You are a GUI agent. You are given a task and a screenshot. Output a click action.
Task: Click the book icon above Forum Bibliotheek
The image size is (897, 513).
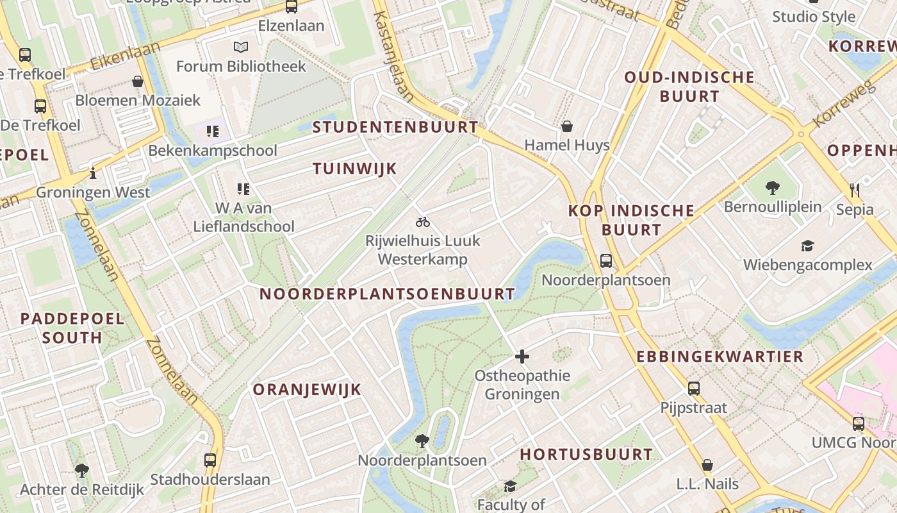tap(241, 47)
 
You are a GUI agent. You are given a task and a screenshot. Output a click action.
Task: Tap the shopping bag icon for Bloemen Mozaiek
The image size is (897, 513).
tap(137, 81)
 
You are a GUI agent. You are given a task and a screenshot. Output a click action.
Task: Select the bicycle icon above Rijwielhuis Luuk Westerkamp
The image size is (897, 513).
tap(423, 223)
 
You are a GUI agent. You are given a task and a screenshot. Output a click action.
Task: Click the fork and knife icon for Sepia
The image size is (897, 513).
tap(854, 190)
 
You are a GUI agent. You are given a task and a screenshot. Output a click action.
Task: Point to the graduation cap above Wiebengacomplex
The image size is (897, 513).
tap(807, 246)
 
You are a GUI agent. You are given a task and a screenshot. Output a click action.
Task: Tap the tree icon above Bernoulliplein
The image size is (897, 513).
tap(772, 188)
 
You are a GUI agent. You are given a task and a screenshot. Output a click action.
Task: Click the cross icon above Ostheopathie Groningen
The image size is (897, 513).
tap(522, 357)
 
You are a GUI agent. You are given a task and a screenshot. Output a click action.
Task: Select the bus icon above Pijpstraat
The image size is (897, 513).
tap(694, 388)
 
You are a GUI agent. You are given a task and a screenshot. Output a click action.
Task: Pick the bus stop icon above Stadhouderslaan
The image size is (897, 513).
tap(210, 460)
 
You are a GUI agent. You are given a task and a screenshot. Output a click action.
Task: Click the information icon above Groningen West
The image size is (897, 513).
tap(93, 173)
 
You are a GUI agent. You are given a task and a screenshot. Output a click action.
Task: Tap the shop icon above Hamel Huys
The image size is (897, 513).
tap(566, 126)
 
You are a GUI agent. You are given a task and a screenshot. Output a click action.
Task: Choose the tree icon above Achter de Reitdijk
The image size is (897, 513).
tap(81, 471)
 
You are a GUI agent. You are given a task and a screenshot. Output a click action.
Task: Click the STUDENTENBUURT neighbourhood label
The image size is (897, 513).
tap(395, 127)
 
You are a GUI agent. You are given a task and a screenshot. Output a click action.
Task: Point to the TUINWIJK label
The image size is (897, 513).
tap(355, 169)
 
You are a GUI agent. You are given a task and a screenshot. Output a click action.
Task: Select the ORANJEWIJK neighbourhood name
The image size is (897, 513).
tap(307, 390)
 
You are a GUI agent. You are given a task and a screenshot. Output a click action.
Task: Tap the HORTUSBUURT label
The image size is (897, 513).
tap(586, 455)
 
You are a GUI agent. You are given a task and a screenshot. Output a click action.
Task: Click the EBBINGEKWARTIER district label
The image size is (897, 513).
tap(720, 357)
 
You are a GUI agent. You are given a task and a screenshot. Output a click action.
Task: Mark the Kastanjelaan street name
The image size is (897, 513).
tap(393, 56)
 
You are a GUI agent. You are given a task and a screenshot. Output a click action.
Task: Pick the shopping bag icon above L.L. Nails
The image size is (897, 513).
tap(707, 464)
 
